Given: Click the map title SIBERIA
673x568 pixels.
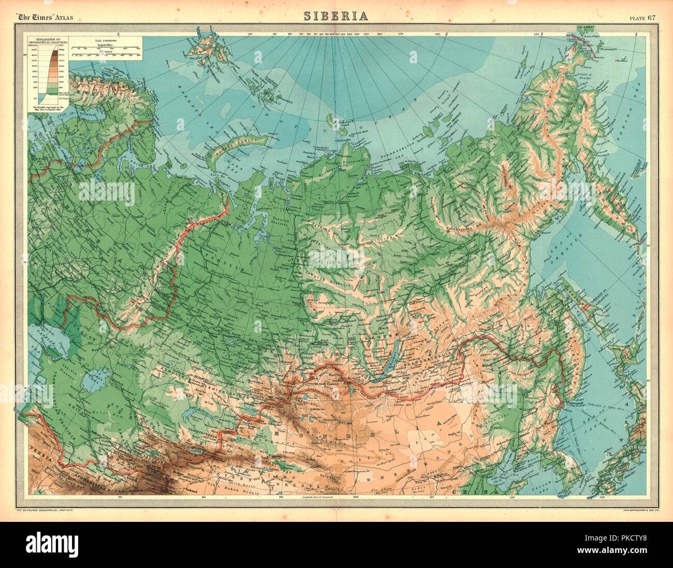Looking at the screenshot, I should click(336, 16).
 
